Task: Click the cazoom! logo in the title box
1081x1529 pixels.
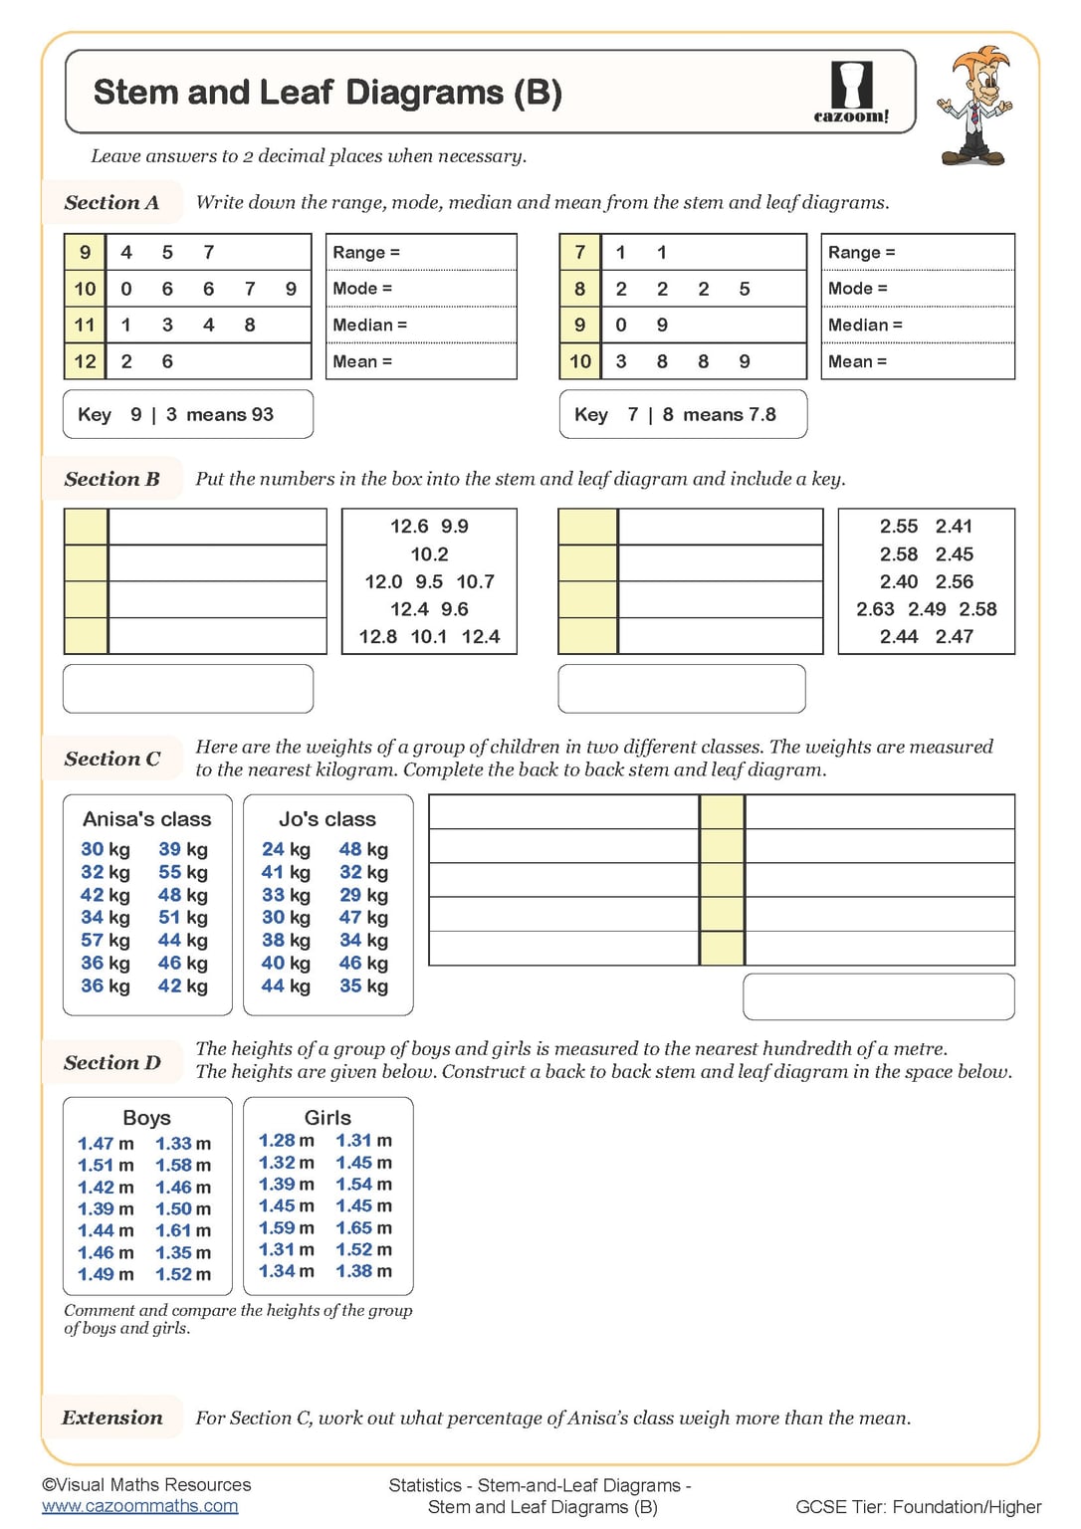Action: point(851,92)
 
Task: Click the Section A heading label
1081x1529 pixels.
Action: point(111,203)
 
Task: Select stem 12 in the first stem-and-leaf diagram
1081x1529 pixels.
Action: point(86,361)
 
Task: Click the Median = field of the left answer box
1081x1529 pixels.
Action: point(421,326)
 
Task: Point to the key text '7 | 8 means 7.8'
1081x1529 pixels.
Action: point(701,415)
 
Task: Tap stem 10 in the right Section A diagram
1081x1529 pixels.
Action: point(580,361)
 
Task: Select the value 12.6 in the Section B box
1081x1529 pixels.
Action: point(408,527)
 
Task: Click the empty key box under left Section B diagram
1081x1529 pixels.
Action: point(188,689)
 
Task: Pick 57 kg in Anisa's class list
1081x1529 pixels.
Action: point(106,941)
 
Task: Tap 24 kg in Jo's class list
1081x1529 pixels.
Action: point(286,849)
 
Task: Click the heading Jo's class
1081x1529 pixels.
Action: point(327,819)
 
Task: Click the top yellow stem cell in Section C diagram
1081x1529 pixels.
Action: point(722,812)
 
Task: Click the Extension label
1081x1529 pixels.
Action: point(112,1418)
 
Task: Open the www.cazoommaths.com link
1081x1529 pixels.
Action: point(139,1506)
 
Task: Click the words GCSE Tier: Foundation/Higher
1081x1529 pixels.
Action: point(918,1507)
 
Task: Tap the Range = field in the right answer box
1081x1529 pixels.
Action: point(917,253)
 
